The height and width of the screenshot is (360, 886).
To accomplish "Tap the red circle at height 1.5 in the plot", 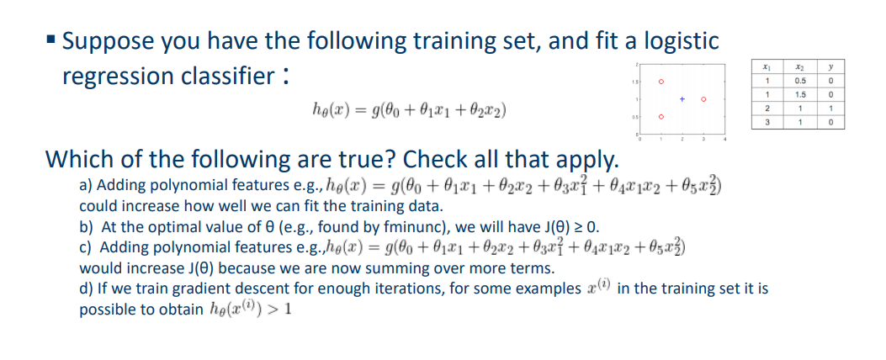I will pos(662,82).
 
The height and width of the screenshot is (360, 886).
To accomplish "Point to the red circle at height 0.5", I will pos(662,117).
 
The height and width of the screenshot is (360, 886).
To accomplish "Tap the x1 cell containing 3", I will pos(767,122).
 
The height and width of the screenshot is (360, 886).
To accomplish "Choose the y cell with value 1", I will pos(830,109).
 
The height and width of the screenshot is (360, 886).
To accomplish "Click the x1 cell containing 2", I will pos(767,109).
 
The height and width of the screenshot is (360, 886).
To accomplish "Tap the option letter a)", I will pos(86,185).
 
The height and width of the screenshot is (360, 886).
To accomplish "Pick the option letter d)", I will pos(86,289).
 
